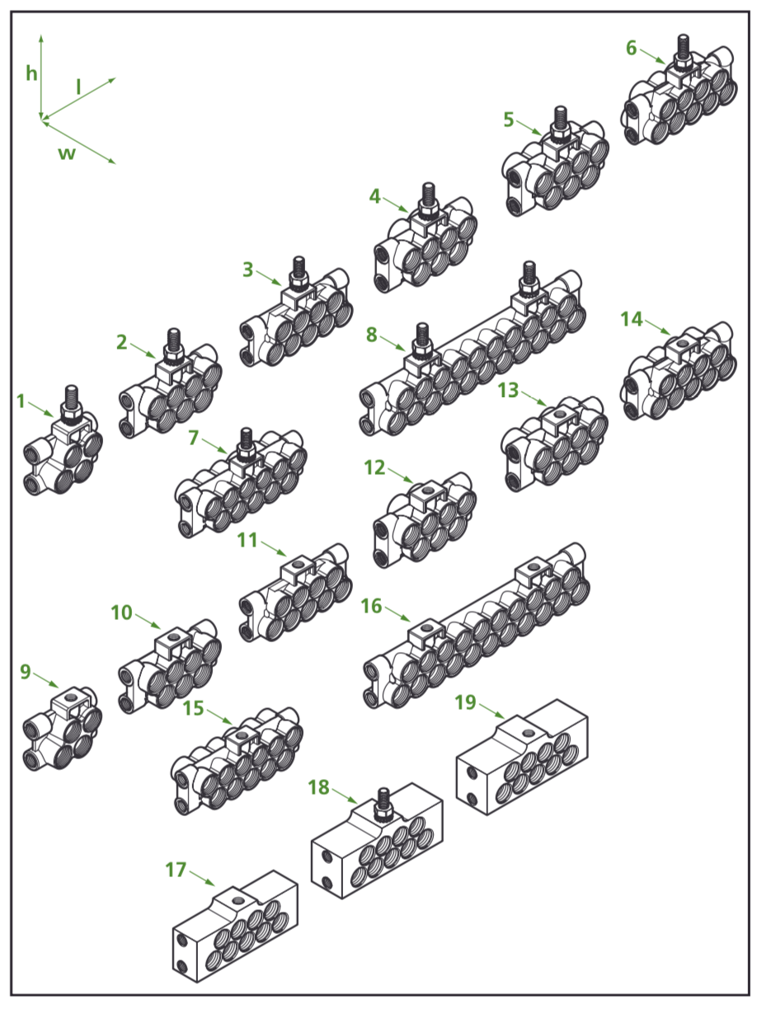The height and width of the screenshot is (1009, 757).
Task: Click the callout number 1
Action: pos(21,401)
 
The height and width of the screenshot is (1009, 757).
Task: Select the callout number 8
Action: pos(371,335)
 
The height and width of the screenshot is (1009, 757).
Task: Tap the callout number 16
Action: pos(371,607)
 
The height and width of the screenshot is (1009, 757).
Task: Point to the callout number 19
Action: pos(465,702)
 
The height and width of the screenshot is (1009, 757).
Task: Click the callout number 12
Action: pos(374,467)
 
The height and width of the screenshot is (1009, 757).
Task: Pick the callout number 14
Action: pos(632,319)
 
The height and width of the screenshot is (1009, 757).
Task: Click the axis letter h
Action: pos(31,74)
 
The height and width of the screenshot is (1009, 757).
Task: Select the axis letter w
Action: pos(66,153)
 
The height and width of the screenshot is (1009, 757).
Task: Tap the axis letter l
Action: pos(78,86)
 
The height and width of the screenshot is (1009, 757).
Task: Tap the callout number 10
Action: pos(121,612)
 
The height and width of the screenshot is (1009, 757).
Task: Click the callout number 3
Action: pos(248,269)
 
